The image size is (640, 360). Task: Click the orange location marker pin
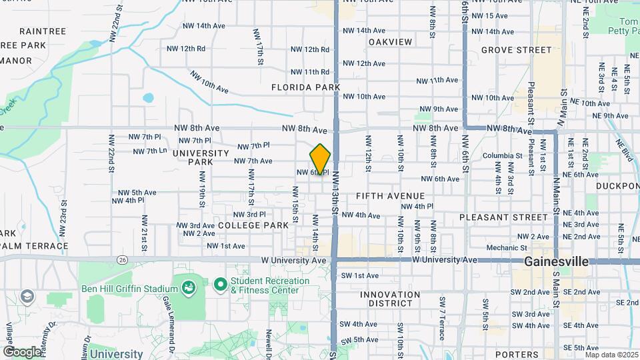coord(320,160)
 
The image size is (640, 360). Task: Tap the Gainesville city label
coord(556,262)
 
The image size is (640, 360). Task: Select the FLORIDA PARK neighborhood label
coord(305,87)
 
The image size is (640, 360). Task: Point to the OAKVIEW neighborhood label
coord(390,42)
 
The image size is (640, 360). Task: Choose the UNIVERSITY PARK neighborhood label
coord(201,157)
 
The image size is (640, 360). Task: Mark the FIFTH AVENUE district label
coord(390,196)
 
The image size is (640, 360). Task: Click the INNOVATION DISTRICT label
coord(390,299)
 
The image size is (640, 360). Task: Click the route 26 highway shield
coord(121,259)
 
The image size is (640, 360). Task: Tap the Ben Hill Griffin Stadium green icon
coord(189,288)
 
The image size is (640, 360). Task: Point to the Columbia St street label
coord(503,156)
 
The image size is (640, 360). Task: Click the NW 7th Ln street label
coord(150,151)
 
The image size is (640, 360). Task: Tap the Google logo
coord(22,351)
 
